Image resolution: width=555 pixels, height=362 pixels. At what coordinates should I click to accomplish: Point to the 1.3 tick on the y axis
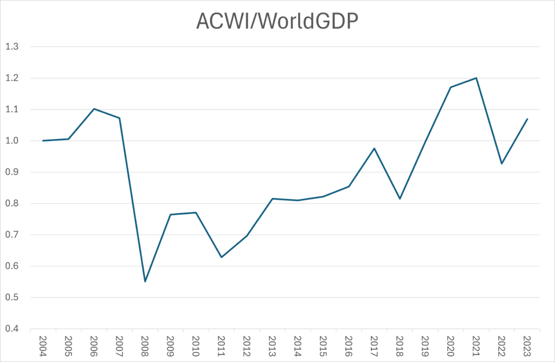pyautogui.click(x=11, y=47)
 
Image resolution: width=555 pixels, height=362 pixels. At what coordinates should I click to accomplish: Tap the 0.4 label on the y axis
pyautogui.click(x=11, y=329)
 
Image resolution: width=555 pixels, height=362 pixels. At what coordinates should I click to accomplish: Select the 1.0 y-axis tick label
pyautogui.click(x=11, y=141)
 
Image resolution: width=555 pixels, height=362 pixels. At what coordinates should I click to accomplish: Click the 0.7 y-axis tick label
pyautogui.click(x=11, y=235)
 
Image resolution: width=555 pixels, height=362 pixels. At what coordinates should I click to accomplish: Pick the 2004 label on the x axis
pyautogui.click(x=43, y=345)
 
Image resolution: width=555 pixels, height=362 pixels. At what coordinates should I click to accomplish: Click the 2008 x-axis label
pyautogui.click(x=145, y=345)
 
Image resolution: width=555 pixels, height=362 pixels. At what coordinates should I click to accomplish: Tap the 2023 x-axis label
pyautogui.click(x=527, y=345)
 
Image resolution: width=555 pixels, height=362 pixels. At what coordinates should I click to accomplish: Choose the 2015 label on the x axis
pyautogui.click(x=324, y=345)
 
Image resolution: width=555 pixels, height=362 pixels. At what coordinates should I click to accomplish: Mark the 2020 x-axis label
pyautogui.click(x=450, y=345)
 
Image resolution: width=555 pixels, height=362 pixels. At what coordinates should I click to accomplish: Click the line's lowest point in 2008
pyautogui.click(x=145, y=282)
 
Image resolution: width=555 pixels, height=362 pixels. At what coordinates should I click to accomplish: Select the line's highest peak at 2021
pyautogui.click(x=476, y=78)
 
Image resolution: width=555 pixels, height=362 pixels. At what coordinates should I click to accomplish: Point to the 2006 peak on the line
pyautogui.click(x=94, y=109)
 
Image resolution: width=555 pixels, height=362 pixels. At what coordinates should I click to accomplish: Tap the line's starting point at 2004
pyautogui.click(x=43, y=141)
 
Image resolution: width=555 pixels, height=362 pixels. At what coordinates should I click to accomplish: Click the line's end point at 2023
pyautogui.click(x=527, y=119)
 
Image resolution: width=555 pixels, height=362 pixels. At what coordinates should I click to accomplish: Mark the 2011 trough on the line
pyautogui.click(x=222, y=257)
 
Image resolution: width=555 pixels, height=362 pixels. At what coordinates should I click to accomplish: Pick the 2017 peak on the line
pyautogui.click(x=375, y=148)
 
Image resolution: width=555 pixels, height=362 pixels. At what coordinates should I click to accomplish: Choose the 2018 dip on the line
pyautogui.click(x=400, y=199)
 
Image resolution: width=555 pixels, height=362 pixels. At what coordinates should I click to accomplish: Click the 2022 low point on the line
pyautogui.click(x=502, y=164)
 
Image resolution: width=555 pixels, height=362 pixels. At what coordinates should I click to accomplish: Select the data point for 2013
pyautogui.click(x=273, y=199)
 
